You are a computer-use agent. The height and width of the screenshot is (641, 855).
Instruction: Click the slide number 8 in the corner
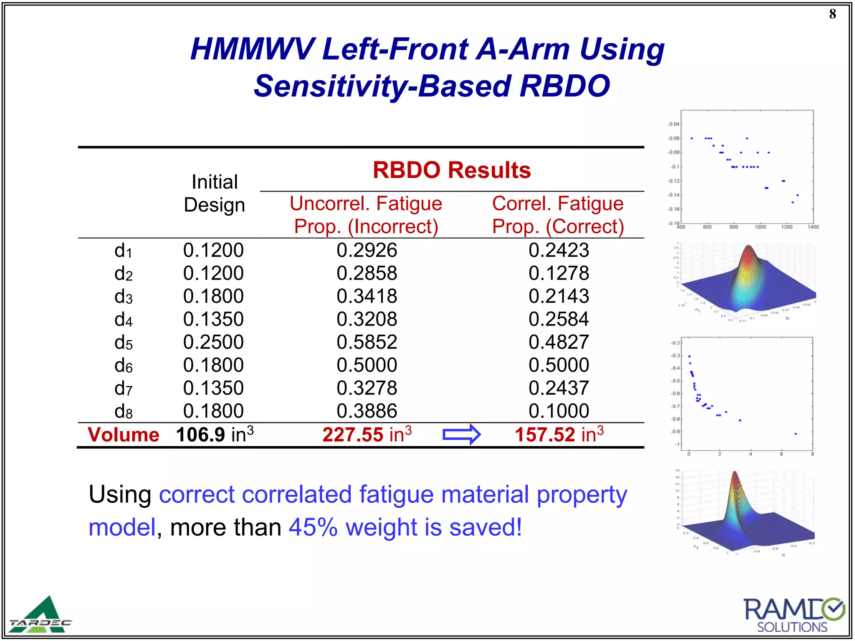tap(832, 14)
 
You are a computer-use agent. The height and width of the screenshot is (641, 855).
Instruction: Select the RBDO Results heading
tap(451, 170)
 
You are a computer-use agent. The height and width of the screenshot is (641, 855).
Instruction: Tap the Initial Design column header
tap(214, 193)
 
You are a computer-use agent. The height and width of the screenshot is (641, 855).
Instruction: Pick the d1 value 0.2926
tap(367, 250)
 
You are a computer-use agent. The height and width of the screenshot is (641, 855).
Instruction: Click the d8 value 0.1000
tap(558, 411)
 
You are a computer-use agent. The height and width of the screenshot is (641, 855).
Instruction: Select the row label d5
tap(123, 343)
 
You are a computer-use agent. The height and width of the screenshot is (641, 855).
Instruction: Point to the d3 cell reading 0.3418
tap(367, 296)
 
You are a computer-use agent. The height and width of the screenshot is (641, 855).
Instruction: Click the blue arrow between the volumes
tap(461, 434)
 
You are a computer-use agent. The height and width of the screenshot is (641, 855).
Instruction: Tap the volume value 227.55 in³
tap(367, 435)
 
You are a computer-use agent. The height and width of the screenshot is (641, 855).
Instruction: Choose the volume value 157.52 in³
tap(559, 435)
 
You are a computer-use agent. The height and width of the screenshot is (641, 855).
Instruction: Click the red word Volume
tap(124, 435)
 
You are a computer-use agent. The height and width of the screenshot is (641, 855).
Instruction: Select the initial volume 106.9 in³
tap(214, 435)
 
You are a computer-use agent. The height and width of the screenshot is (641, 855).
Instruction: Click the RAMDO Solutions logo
tap(793, 615)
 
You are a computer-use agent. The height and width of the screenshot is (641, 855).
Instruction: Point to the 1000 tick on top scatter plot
tap(760, 227)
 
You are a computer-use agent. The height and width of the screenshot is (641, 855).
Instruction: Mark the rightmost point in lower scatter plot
tap(795, 434)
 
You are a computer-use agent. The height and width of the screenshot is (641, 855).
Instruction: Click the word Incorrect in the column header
tap(393, 227)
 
